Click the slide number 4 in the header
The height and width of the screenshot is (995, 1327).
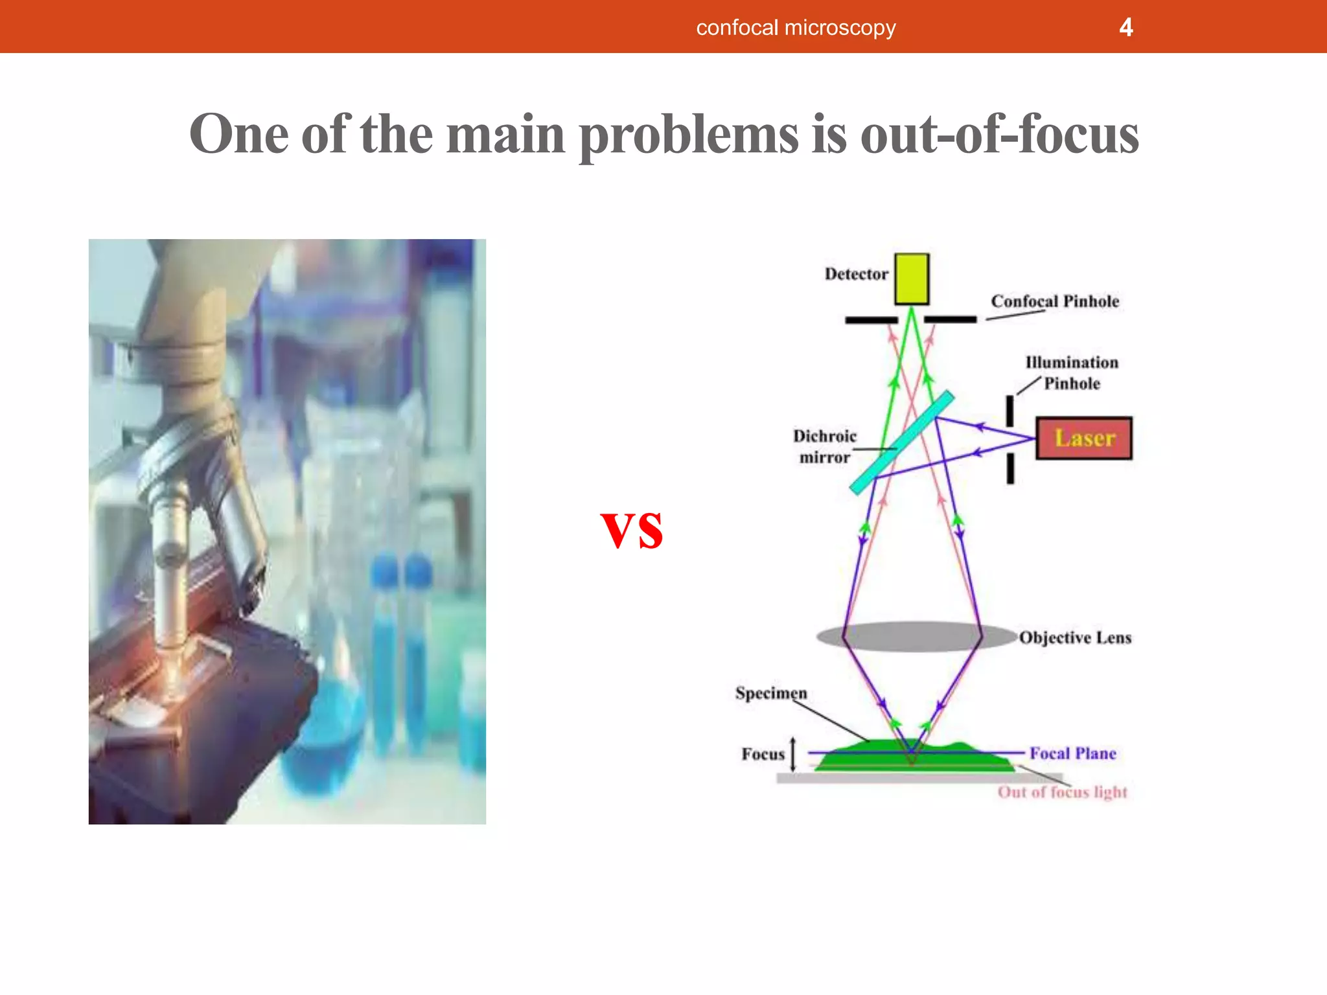[1125, 27]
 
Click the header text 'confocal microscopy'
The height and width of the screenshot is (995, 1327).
[796, 28]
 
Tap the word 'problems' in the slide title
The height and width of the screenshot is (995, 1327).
[688, 135]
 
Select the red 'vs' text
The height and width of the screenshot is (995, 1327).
[632, 529]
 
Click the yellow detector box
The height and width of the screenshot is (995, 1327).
[912, 279]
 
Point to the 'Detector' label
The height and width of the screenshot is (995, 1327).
[856, 274]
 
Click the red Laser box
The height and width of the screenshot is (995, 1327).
[1084, 439]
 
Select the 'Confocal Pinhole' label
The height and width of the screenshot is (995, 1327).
[1055, 301]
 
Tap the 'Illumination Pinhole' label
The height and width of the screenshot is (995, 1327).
[1072, 373]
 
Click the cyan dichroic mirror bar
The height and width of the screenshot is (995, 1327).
[902, 442]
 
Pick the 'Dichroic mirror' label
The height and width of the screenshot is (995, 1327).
[824, 446]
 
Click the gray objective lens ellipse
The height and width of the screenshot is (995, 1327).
[914, 636]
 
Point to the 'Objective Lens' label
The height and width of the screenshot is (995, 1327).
[1075, 637]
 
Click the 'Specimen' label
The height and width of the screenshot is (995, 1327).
[771, 693]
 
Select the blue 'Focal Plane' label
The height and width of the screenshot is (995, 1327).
[1073, 753]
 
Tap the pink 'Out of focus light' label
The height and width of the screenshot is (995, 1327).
[1062, 792]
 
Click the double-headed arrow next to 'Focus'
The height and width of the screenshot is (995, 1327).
[793, 754]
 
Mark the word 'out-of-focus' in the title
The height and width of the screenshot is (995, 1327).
[999, 135]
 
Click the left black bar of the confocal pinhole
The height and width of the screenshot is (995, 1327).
[871, 320]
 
